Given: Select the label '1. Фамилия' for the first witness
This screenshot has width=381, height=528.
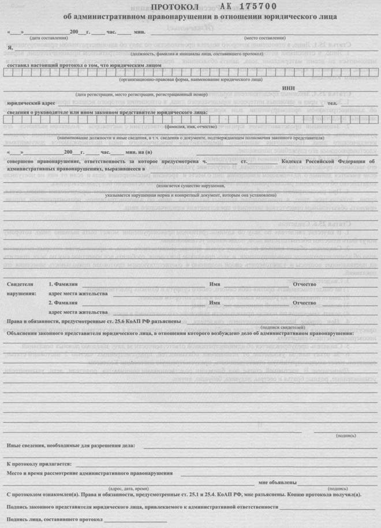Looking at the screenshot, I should (63, 285).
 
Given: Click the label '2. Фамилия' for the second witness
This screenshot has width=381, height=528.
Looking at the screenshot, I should (63, 303).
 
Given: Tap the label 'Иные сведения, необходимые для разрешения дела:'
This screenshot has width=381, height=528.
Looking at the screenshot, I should (71, 445).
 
